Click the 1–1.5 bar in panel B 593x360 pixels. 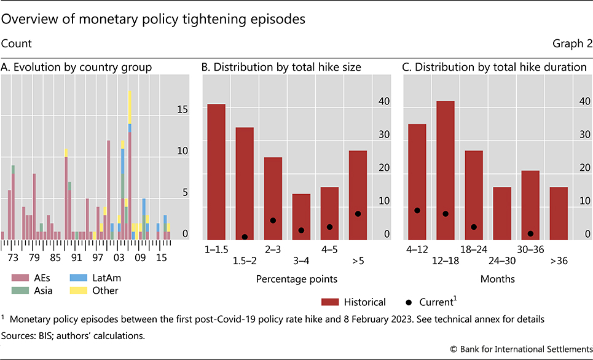216,172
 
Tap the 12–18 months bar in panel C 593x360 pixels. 445,170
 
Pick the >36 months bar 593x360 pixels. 558,213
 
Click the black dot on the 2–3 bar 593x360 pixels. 272,221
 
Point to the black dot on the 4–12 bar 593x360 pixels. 417,210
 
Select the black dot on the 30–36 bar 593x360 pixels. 530,233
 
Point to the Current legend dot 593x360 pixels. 409,302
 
